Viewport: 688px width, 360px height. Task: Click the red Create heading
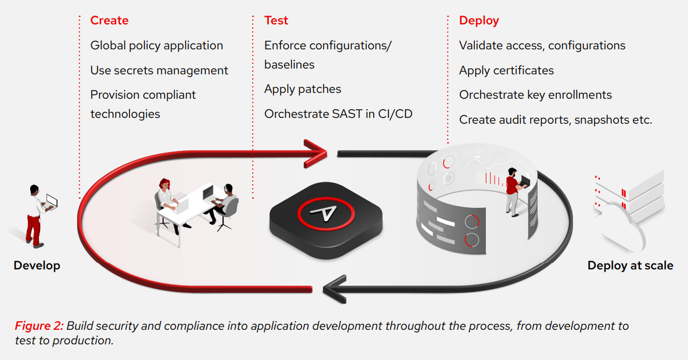[x=109, y=20]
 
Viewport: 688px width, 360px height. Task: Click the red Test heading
[x=276, y=20]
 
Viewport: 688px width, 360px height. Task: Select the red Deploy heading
[x=479, y=20]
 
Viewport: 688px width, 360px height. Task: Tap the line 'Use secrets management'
[x=159, y=70]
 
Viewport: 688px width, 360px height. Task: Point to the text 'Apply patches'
[x=302, y=89]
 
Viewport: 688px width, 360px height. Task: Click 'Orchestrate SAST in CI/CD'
[x=338, y=114]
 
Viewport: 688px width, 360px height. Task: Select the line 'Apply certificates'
[x=506, y=70]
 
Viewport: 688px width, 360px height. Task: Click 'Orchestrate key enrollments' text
[x=535, y=95]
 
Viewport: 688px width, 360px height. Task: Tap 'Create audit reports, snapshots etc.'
[x=556, y=120]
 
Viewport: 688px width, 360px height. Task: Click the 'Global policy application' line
[x=157, y=45]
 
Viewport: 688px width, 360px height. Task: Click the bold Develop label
[x=37, y=265]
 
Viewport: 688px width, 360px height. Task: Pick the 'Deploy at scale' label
[x=630, y=265]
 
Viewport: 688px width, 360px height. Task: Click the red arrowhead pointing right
[x=316, y=152]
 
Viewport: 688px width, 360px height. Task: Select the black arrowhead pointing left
[x=334, y=286]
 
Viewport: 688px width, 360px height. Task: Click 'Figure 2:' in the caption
[x=39, y=326]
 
